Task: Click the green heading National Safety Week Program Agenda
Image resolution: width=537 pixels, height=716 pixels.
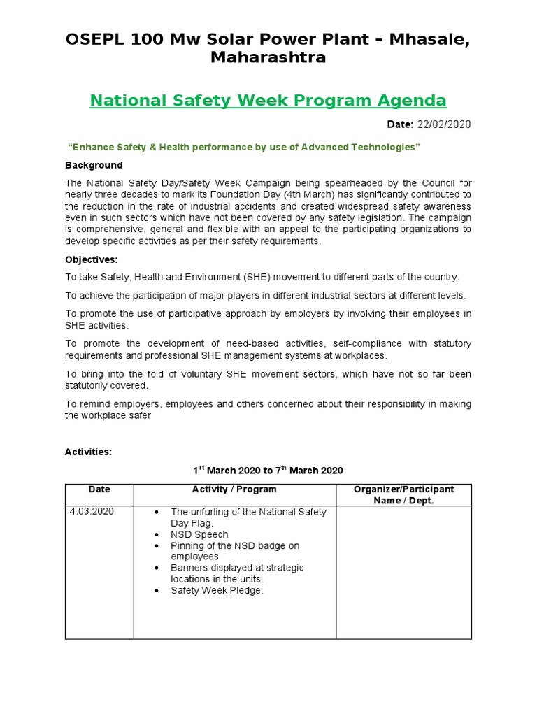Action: pos(268,100)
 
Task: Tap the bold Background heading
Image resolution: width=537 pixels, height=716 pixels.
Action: pos(94,165)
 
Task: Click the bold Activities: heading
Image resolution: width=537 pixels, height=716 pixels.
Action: pos(88,452)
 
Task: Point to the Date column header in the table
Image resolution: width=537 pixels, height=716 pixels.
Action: pos(99,489)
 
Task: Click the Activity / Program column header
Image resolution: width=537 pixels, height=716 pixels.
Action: pos(234,489)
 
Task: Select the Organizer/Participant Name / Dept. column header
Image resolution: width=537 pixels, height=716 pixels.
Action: pos(403,494)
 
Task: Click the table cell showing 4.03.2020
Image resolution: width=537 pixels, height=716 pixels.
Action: pos(92,512)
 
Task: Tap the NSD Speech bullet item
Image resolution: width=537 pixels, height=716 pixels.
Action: pos(199,534)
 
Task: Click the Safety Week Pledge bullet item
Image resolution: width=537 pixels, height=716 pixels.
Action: pos(217,590)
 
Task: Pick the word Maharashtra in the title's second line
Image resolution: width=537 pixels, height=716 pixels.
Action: pos(268,57)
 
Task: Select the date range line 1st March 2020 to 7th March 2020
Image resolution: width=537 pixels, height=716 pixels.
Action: pos(268,471)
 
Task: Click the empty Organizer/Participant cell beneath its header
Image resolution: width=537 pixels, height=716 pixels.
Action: pos(403,572)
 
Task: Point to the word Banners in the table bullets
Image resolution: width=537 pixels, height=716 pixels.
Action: pos(189,568)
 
